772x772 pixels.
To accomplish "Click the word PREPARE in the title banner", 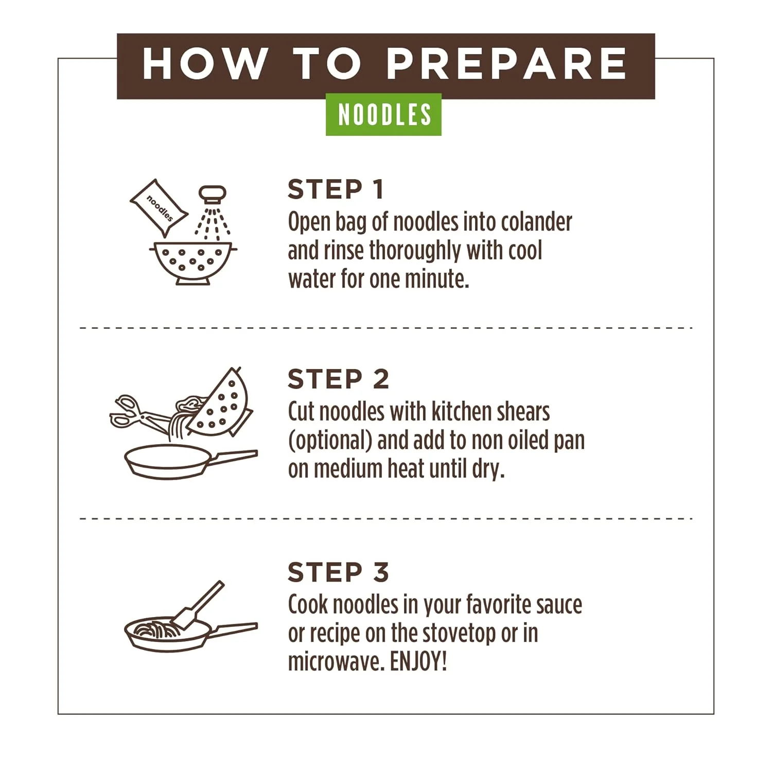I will click(506, 64).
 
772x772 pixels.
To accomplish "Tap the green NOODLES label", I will click(384, 114).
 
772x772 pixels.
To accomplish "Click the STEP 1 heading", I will click(336, 189).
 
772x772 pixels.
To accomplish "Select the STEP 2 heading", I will click(338, 379).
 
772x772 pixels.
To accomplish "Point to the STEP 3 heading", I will click(338, 572).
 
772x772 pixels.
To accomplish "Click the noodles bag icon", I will click(159, 208).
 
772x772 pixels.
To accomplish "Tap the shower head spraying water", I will click(213, 196).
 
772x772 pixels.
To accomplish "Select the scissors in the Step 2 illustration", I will click(135, 412).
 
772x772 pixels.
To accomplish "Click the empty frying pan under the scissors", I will click(170, 461).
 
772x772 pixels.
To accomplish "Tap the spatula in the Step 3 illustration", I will click(198, 606).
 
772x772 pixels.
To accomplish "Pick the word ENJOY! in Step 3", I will click(418, 662).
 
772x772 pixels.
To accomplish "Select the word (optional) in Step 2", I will click(330, 441).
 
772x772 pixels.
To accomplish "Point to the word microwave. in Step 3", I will click(336, 662).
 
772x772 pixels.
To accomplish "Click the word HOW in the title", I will click(204, 64).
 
